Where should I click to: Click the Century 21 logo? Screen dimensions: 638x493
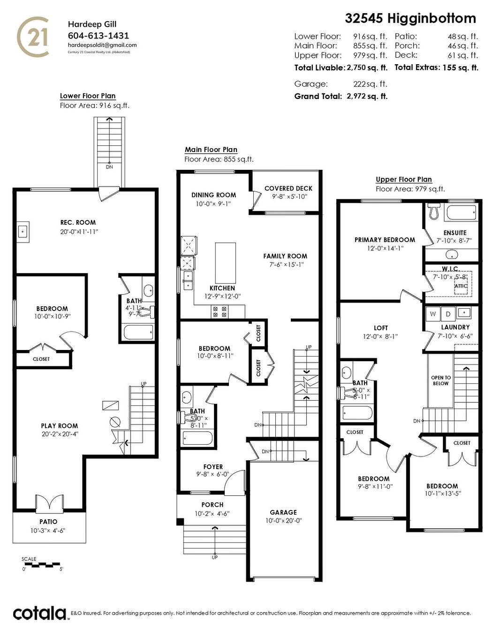click(33, 37)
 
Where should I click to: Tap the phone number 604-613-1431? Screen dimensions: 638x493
click(99, 36)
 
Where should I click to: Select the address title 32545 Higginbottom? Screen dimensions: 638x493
click(410, 18)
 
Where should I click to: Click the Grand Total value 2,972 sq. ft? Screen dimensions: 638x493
click(367, 96)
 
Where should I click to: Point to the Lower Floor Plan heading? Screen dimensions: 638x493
click(88, 96)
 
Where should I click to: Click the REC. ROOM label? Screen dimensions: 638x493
click(78, 222)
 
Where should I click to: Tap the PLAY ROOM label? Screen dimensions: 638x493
click(59, 426)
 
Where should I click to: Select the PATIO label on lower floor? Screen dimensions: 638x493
click(48, 522)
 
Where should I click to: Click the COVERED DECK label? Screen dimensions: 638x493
click(288, 188)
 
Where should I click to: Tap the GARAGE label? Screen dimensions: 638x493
click(283, 512)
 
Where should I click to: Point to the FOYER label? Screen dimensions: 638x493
click(213, 467)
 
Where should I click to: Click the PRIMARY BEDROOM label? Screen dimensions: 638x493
click(385, 240)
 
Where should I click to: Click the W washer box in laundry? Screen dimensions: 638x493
click(432, 314)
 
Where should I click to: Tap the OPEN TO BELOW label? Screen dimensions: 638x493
click(440, 380)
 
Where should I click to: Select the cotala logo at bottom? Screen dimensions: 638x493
click(40, 613)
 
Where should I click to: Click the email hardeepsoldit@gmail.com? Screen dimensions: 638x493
click(102, 45)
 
